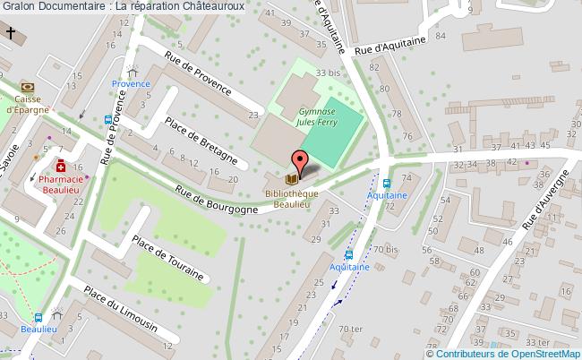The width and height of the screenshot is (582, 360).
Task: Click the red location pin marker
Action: (300, 161)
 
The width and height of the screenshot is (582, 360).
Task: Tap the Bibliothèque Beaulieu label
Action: (291, 199)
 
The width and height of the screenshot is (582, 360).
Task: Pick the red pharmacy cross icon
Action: (61, 167)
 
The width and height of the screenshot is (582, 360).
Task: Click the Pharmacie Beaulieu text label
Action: (62, 184)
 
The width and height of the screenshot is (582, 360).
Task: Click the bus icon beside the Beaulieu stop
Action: (38, 316)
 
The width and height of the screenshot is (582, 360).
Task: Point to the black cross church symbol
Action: (12, 35)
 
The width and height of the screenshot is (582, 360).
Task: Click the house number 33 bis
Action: (329, 72)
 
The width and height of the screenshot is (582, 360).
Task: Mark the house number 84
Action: (439, 36)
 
